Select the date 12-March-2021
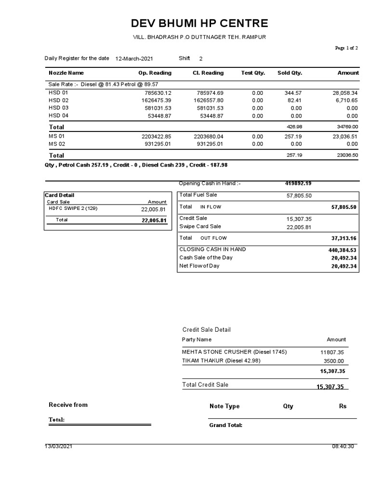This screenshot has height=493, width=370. click(134, 59)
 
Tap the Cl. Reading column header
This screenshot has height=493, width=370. click(208, 73)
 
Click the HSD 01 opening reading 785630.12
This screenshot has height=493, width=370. click(155, 92)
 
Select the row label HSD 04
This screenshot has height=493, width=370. click(59, 116)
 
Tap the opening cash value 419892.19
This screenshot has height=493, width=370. click(298, 183)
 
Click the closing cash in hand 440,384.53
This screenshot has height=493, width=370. click(343, 250)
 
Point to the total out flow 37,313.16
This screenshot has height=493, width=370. click(344, 238)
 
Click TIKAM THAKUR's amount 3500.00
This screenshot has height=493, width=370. click(333, 361)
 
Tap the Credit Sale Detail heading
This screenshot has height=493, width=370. click(206, 330)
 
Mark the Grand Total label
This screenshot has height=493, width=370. click(225, 426)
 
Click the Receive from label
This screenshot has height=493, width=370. click(68, 405)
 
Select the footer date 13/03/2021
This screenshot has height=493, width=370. click(59, 446)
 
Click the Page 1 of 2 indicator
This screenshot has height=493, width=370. click(346, 48)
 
